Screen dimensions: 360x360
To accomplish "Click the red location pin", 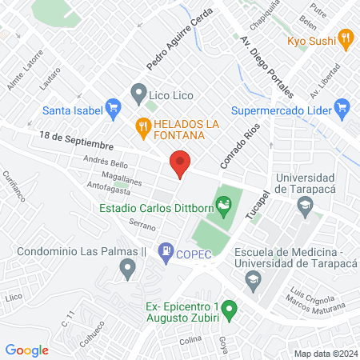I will [x=181, y=164].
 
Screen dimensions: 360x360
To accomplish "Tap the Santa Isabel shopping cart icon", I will [x=113, y=105].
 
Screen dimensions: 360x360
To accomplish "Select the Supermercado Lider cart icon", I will [x=342, y=105].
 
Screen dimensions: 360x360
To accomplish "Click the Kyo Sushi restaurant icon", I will [x=346, y=38].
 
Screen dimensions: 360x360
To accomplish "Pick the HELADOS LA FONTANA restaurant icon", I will [x=142, y=125].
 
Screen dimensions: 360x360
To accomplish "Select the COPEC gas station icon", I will [x=166, y=250].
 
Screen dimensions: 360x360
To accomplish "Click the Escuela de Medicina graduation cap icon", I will [x=253, y=278].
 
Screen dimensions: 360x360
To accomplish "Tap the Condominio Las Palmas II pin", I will [x=126, y=271].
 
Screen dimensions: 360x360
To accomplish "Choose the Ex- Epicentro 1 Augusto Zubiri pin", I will [x=230, y=308].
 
